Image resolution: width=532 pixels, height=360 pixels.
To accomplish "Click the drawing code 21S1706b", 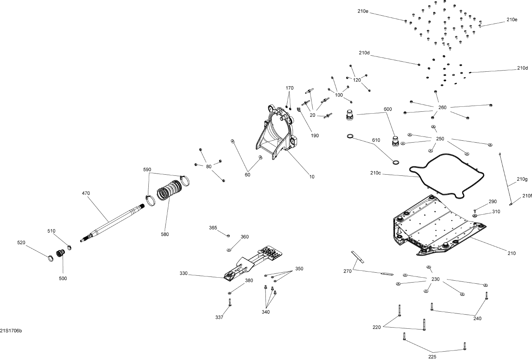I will click(11, 330).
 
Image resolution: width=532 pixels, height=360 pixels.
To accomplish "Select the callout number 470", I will click(86, 193).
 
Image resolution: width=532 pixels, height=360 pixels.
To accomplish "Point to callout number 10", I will click(312, 177).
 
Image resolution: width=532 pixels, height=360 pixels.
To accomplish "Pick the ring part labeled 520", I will click(50, 259).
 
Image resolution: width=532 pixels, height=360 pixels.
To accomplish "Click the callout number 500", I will click(63, 278).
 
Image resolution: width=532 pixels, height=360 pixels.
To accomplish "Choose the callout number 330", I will click(184, 273).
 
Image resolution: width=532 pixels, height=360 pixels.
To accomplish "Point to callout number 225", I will click(432, 357).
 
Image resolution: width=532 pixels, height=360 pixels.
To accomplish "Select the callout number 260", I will click(442, 108).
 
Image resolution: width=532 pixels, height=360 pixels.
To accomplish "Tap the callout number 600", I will click(388, 109).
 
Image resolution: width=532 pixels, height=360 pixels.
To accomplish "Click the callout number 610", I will click(376, 140).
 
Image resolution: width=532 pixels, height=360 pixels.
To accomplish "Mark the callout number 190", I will click(315, 135).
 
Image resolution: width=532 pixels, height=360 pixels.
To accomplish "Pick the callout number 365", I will click(213, 228).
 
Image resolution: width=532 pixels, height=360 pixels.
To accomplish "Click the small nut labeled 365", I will click(228, 236).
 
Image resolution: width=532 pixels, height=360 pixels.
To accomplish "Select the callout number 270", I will click(347, 271).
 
